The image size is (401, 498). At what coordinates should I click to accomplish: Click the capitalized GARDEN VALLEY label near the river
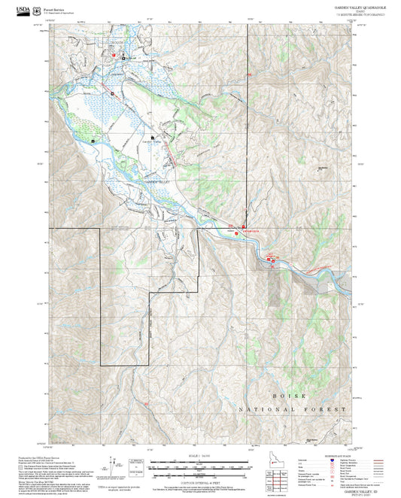(159, 184)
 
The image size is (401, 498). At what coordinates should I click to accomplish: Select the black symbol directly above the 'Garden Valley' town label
(153, 138)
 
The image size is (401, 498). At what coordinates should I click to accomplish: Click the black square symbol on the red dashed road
(111, 93)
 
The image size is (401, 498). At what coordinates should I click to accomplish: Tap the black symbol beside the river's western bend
(93, 141)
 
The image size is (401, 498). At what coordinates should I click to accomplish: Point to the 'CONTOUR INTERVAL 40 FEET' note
(199, 486)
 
